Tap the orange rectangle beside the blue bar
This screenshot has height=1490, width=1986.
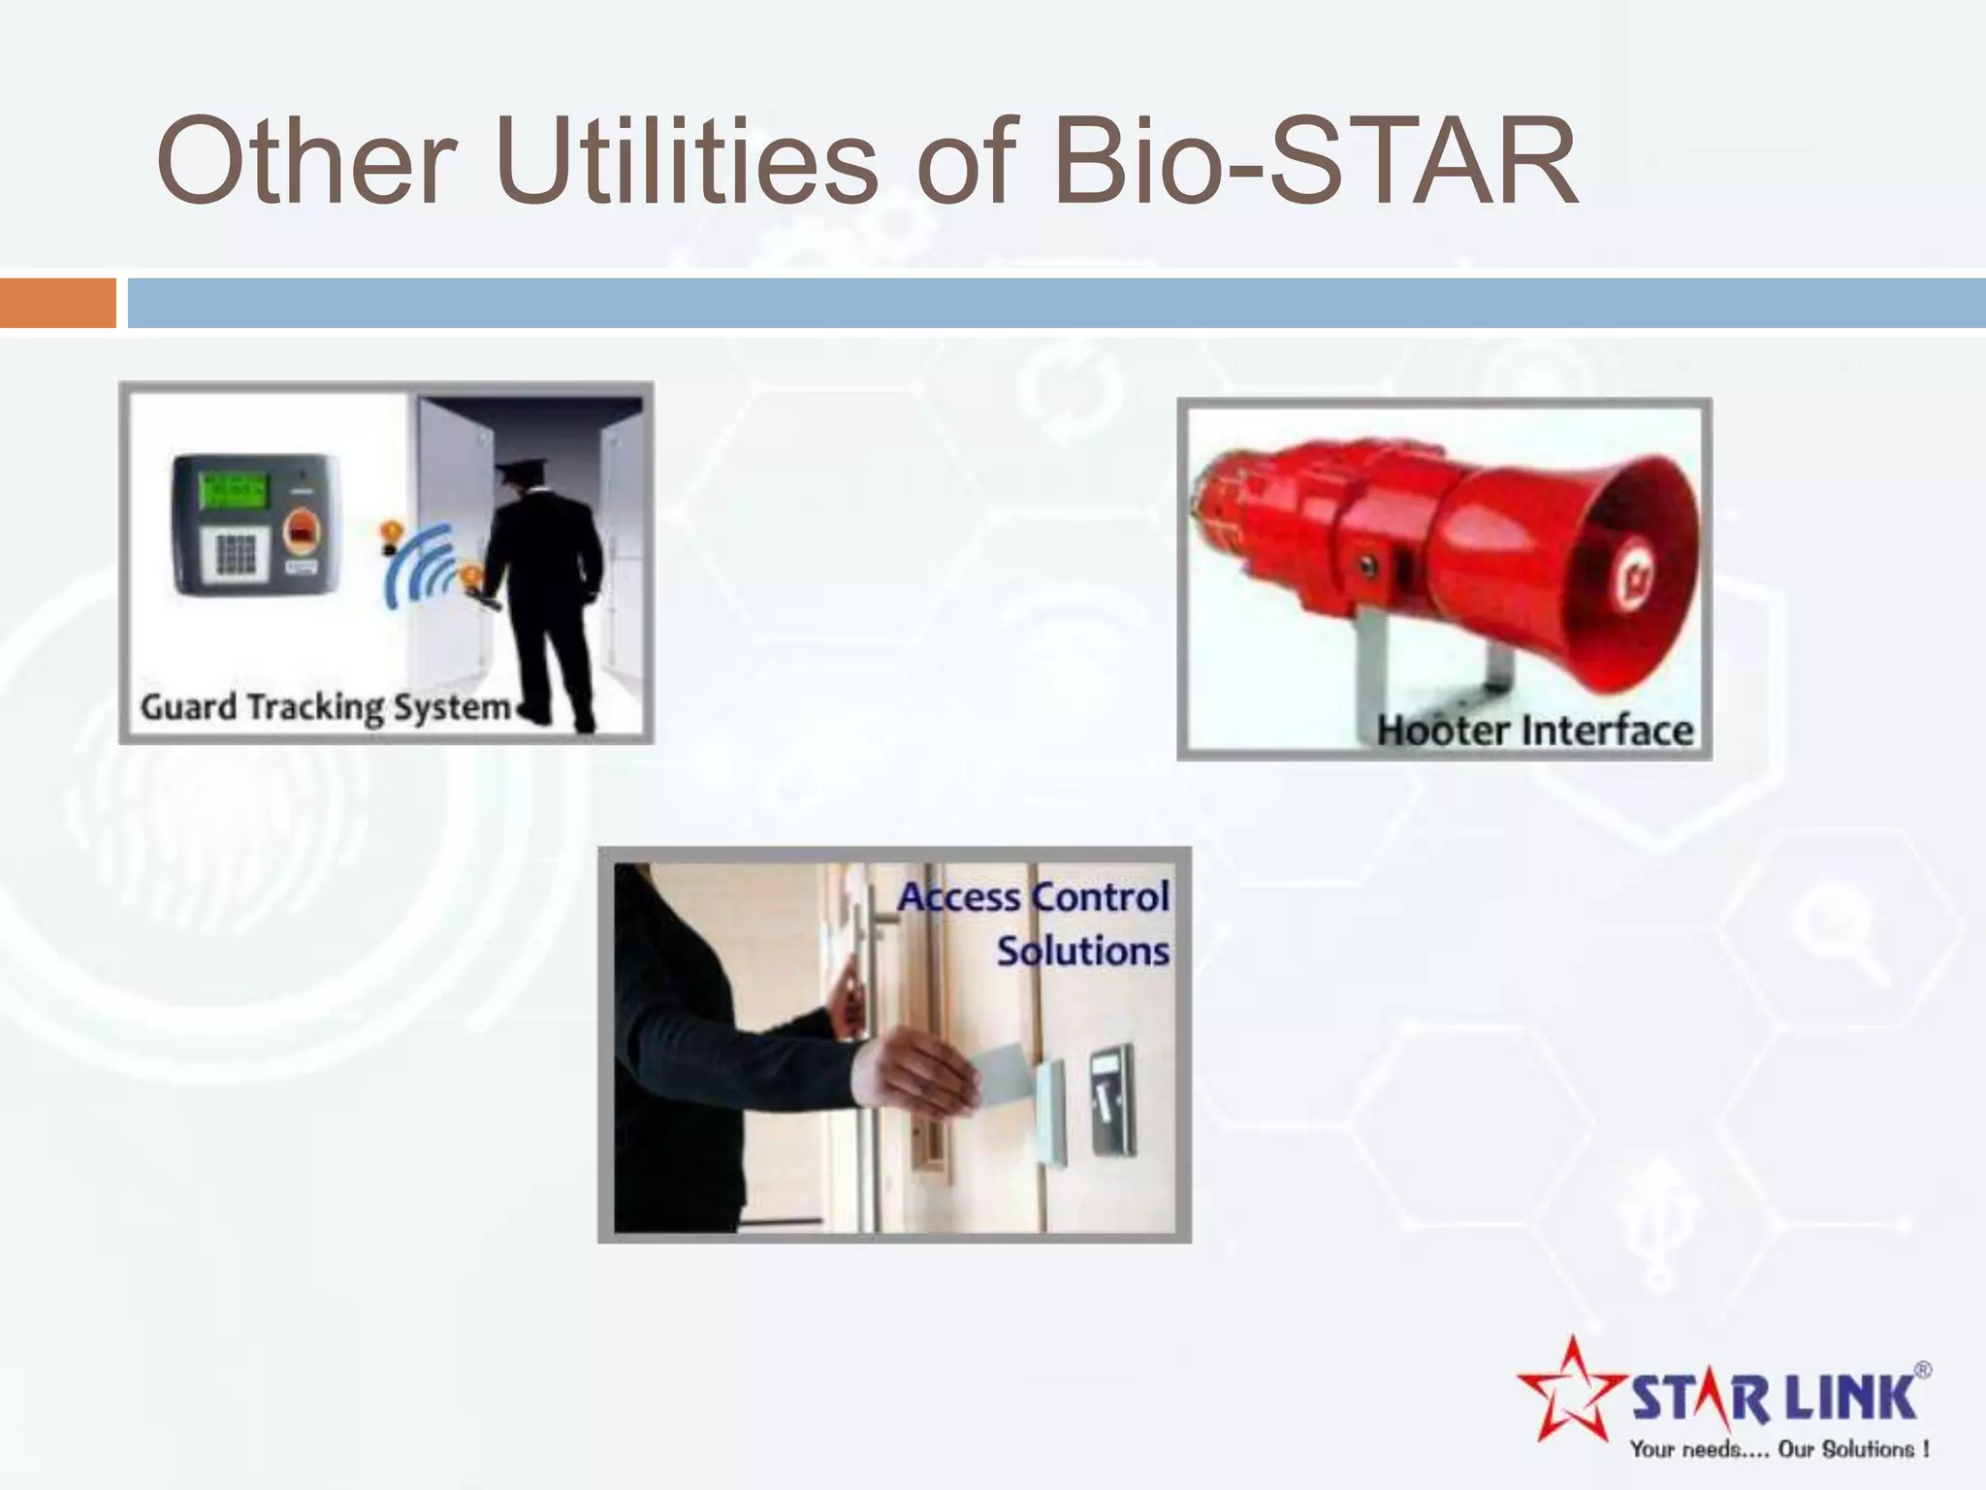pos(57,303)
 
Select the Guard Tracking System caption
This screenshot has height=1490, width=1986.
pos(325,707)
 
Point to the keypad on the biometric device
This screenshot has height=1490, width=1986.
pos(234,554)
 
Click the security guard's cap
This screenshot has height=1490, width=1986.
pos(513,473)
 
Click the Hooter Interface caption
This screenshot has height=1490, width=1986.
pos(1534,730)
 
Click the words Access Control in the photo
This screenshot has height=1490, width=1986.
pos(1034,897)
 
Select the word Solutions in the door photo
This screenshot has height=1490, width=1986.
pos(1082,951)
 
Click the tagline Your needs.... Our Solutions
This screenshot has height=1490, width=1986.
pos(1778,1449)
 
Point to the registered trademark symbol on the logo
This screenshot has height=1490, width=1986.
pos(1922,1370)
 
